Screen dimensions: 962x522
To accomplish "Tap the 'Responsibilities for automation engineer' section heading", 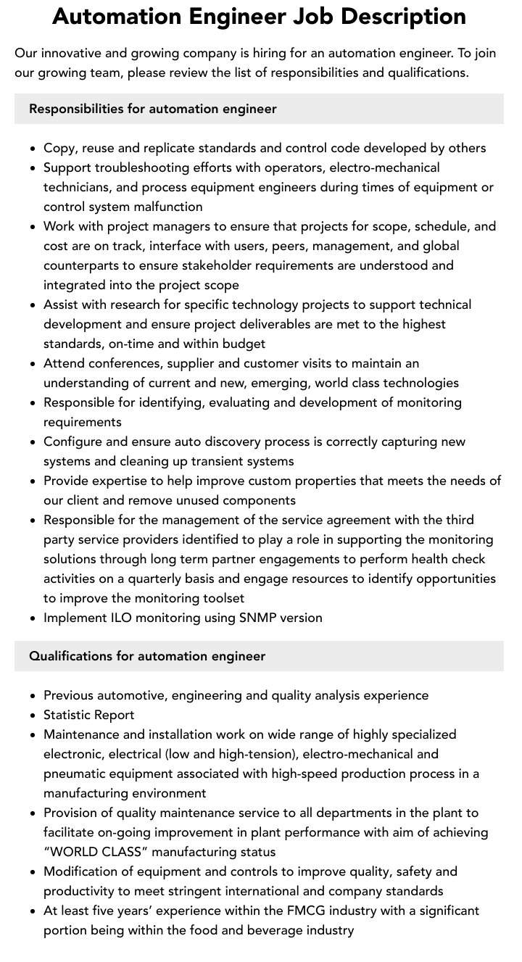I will [x=153, y=109].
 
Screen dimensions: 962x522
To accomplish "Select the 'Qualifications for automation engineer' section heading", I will [x=147, y=656].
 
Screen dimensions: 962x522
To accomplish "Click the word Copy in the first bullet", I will [x=59, y=148].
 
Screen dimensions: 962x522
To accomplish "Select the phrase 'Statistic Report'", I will [x=88, y=715].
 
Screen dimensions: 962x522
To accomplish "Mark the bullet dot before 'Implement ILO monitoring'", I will [x=33, y=618].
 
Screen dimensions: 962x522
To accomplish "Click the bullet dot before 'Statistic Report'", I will [x=33, y=716].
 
